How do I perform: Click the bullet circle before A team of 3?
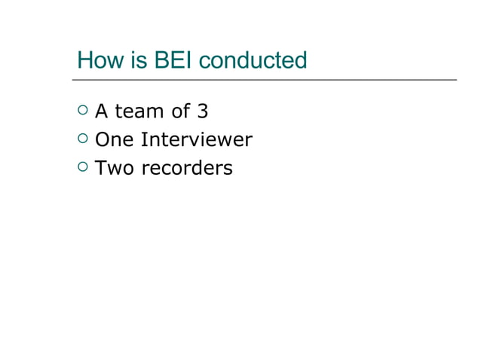(x=82, y=111)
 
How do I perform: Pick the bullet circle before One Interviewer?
(x=82, y=139)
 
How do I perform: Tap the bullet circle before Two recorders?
(x=82, y=167)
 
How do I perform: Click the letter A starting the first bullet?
(x=101, y=112)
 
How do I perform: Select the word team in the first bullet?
(x=138, y=112)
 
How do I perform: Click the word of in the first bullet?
(x=180, y=112)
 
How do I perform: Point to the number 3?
(x=203, y=112)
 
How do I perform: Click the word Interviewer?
(x=196, y=140)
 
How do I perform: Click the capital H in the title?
(x=84, y=60)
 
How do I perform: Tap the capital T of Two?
(x=100, y=168)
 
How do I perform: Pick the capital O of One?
(x=102, y=140)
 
